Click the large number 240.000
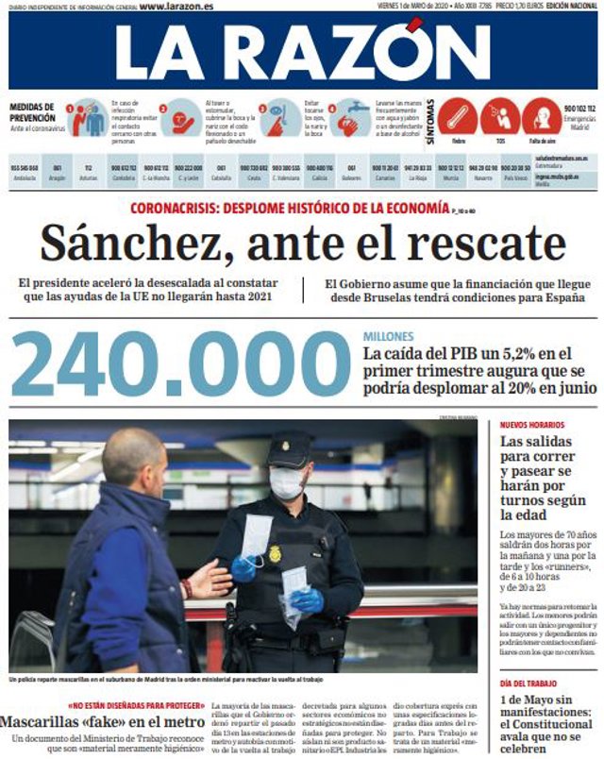point(182,364)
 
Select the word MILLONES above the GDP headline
point(389,336)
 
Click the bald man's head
point(134,457)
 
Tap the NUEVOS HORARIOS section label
point(533,426)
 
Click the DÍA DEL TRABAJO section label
point(533,683)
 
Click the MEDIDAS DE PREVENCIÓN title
point(33,111)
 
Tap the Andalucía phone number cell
point(25,172)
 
